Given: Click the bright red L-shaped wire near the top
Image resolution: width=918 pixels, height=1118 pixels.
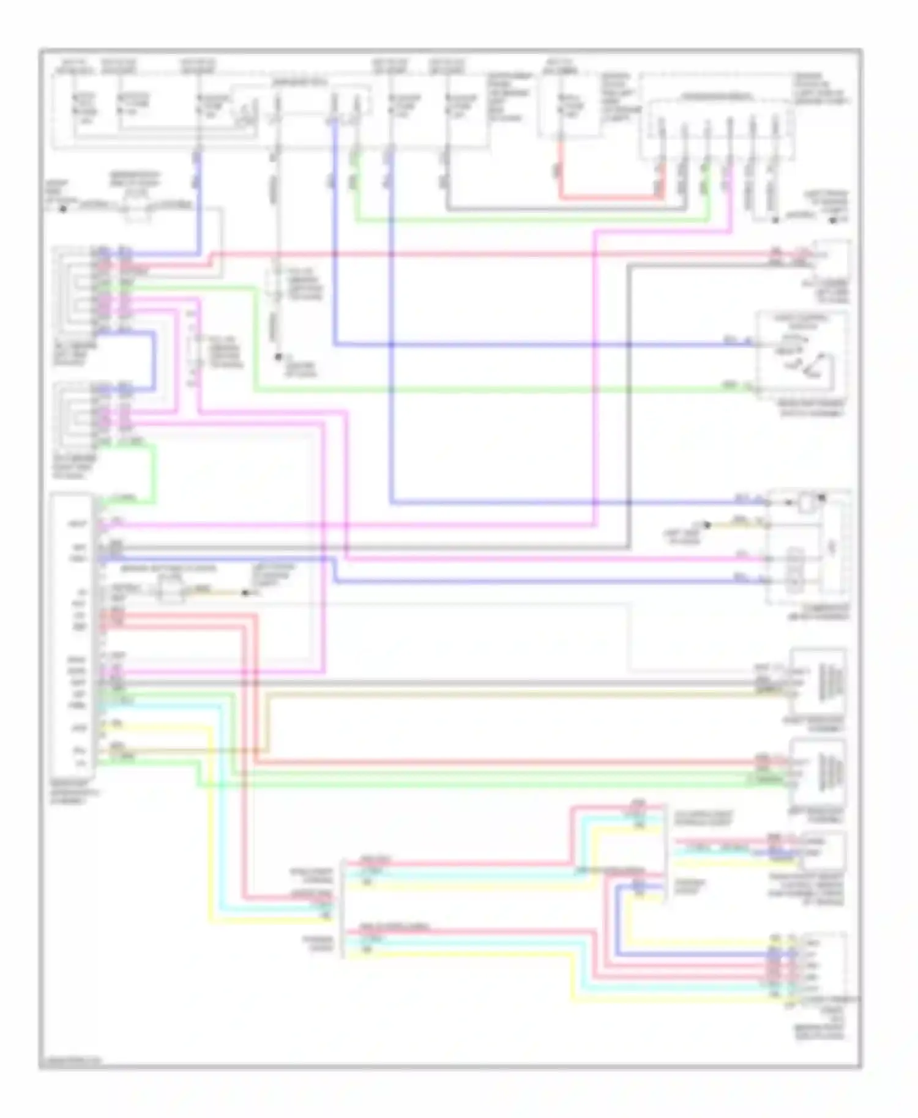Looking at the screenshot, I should tap(606, 198).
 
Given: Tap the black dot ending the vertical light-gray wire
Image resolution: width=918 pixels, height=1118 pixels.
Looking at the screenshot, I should tap(278, 357).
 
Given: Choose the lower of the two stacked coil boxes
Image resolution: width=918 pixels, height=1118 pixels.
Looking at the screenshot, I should tap(819, 772).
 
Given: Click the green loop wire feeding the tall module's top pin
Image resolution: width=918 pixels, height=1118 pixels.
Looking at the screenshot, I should tap(153, 474).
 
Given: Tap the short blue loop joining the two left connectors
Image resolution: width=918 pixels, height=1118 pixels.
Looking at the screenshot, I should tap(153, 361).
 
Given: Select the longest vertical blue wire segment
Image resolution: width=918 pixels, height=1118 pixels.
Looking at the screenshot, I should tap(392, 324).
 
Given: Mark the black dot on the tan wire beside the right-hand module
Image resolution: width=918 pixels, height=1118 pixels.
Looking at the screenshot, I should tap(707, 525).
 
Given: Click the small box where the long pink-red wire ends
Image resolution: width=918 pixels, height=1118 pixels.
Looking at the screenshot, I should tap(830, 260).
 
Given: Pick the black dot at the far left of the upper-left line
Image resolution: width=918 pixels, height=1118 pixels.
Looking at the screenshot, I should tap(62, 209).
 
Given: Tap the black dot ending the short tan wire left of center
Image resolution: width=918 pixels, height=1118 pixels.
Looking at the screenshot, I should tap(245, 592).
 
